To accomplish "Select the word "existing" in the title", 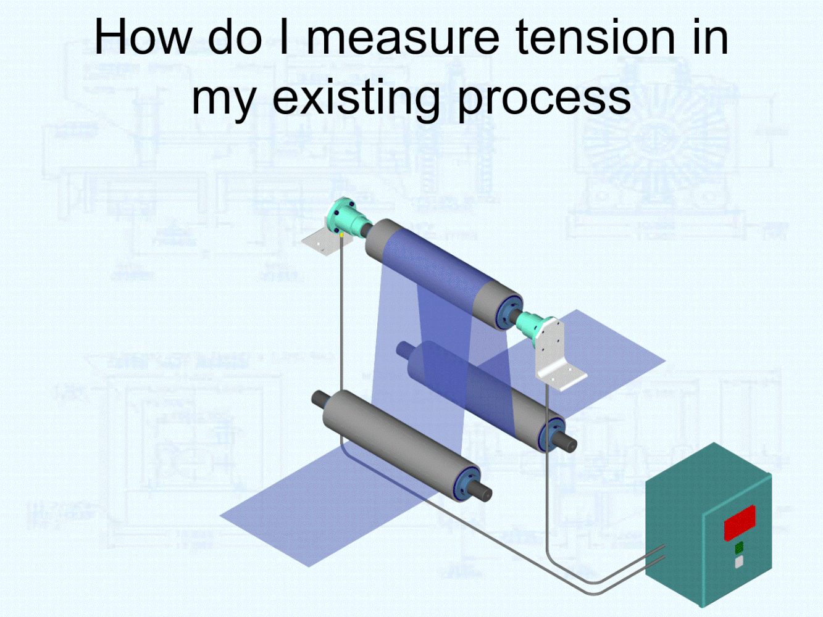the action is [x=356, y=97].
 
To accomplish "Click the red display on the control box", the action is [x=740, y=523].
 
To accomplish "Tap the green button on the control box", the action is [x=739, y=548].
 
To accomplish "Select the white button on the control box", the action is [x=739, y=562].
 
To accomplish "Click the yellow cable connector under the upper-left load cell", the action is [x=341, y=236].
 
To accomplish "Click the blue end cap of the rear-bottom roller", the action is [x=551, y=434].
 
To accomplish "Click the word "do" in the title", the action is [x=235, y=37].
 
